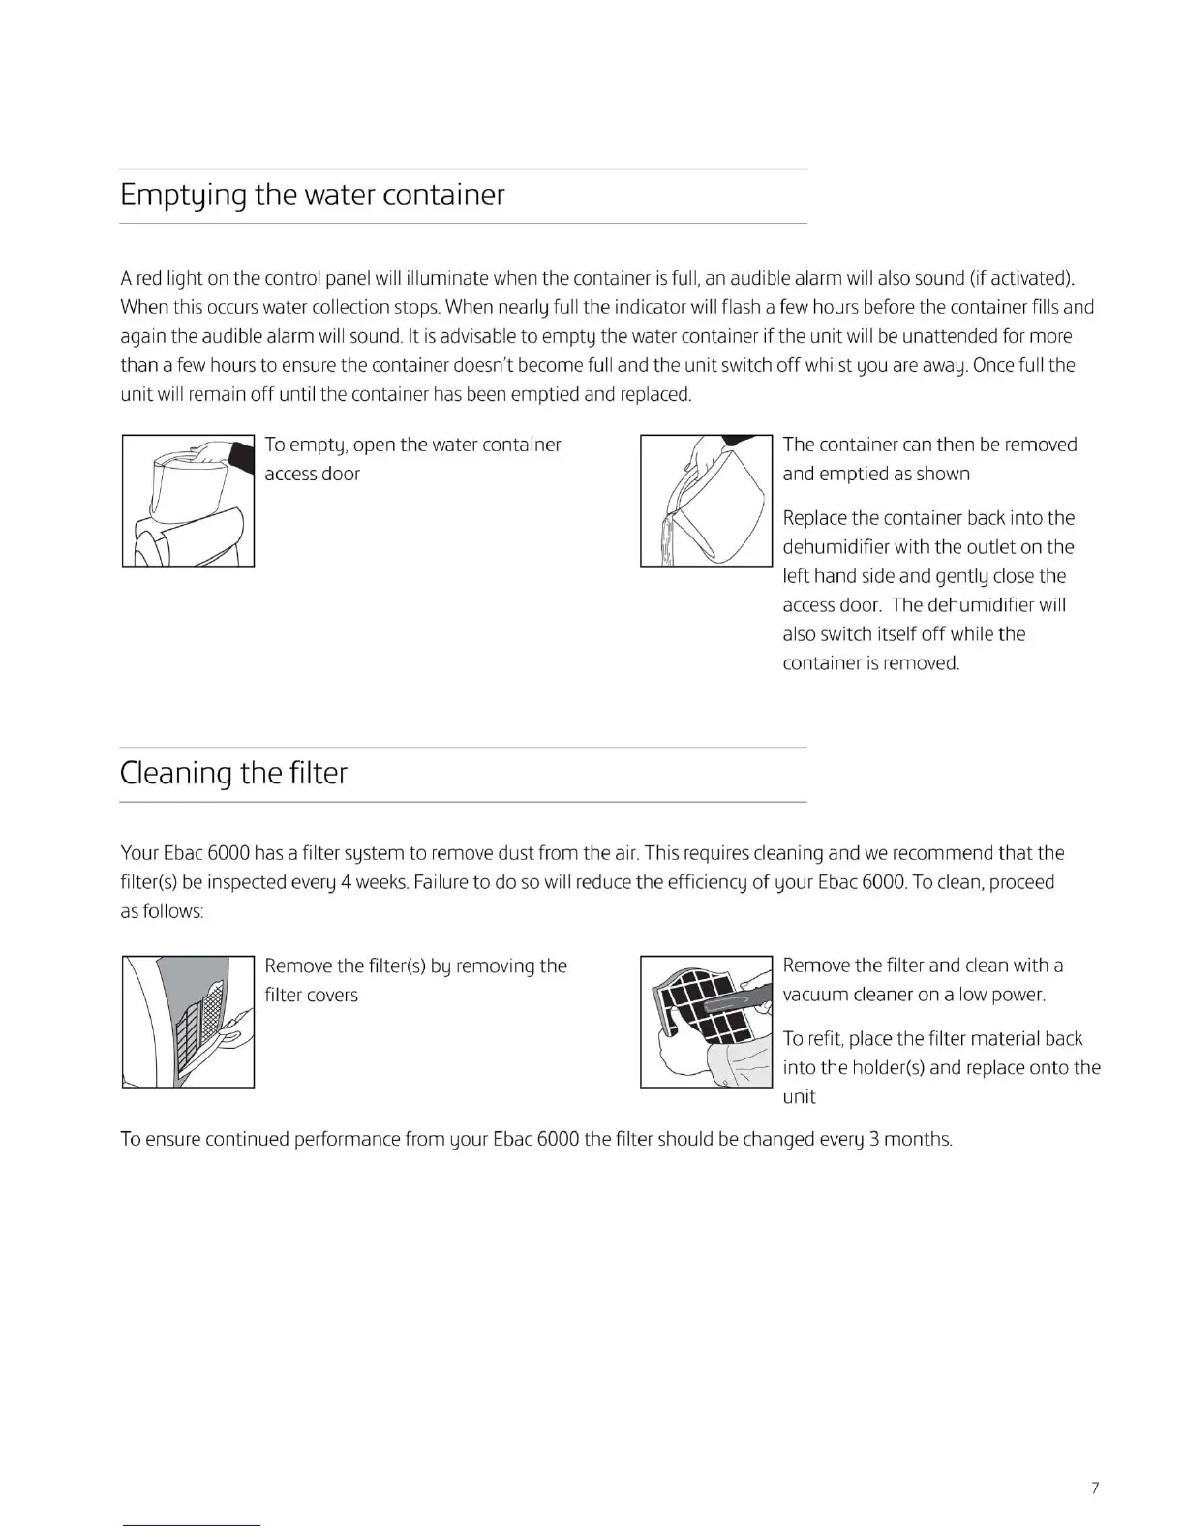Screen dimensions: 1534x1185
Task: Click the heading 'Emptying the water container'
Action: pos(312,196)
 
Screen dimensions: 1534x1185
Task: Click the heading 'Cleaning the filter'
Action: pos(233,774)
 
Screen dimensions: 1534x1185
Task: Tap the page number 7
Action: pos(1095,1488)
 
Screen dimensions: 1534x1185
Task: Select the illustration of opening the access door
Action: pos(188,501)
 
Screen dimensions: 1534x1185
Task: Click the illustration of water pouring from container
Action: pos(706,501)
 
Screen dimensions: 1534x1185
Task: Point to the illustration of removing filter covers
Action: pos(188,1022)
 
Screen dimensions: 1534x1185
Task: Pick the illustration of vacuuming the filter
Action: pos(706,1022)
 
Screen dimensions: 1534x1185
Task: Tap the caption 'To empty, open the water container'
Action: pos(412,445)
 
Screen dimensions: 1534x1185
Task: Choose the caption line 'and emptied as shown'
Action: pos(876,475)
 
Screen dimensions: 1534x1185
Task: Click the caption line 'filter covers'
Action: pos(311,996)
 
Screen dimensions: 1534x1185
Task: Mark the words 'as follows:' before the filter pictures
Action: pos(162,912)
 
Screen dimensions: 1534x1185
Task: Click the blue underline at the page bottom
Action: pos(192,1525)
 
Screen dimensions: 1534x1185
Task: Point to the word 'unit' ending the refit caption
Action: pos(799,1097)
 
